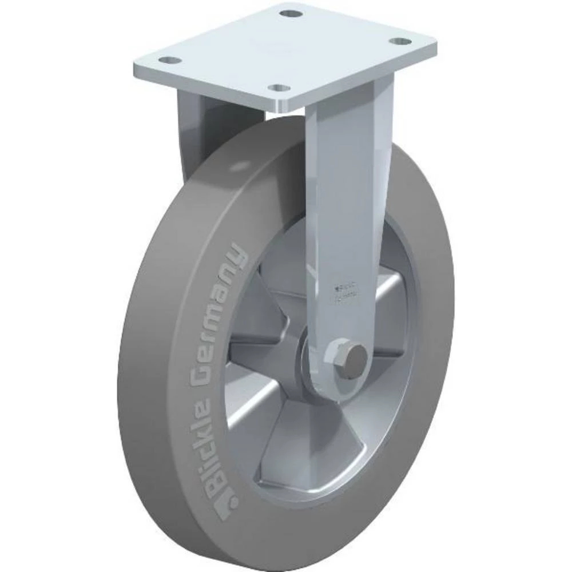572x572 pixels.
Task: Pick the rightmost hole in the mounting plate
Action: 399,42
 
